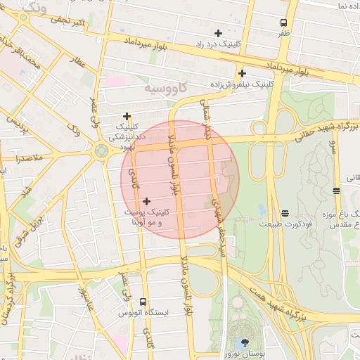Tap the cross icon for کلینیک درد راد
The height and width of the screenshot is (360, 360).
[x=218, y=33]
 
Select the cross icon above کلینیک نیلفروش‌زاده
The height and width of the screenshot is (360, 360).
[x=242, y=73]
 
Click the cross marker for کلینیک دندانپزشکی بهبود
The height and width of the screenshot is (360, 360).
[x=127, y=116]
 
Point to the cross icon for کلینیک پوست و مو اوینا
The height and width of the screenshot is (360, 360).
[x=146, y=201]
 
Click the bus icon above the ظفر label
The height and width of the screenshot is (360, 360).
[x=283, y=22]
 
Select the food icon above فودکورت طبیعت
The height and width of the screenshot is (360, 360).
[x=285, y=213]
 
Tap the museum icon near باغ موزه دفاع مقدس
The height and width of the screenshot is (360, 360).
[x=337, y=190]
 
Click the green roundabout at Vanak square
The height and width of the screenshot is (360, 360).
[x=102, y=150]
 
